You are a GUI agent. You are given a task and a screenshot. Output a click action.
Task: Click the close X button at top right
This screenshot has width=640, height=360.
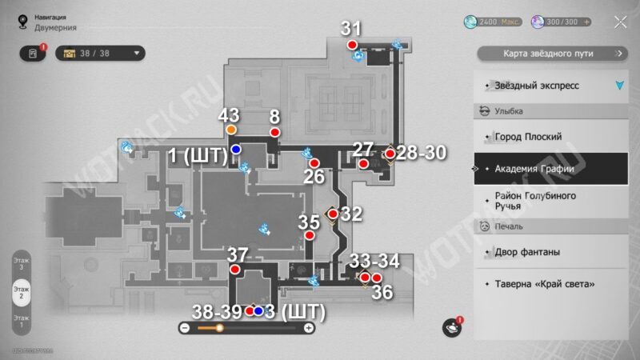tap(620, 22)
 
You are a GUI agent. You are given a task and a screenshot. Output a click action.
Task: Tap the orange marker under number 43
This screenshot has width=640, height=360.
tap(231, 130)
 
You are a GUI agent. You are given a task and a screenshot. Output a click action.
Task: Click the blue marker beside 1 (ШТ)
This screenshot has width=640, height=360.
tap(236, 150)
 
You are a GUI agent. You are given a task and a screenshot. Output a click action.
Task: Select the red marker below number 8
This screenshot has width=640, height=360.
tap(275, 132)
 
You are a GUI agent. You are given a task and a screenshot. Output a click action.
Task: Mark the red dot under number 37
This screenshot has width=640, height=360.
tap(235, 270)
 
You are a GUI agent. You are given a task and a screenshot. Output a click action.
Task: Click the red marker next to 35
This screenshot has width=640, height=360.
tap(309, 236)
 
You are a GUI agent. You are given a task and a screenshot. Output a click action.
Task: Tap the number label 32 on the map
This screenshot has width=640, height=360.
tap(351, 214)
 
